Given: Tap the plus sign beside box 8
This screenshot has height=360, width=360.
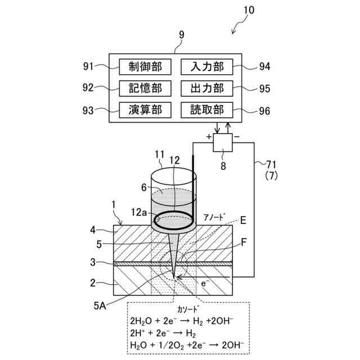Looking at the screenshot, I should (x=209, y=137).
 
